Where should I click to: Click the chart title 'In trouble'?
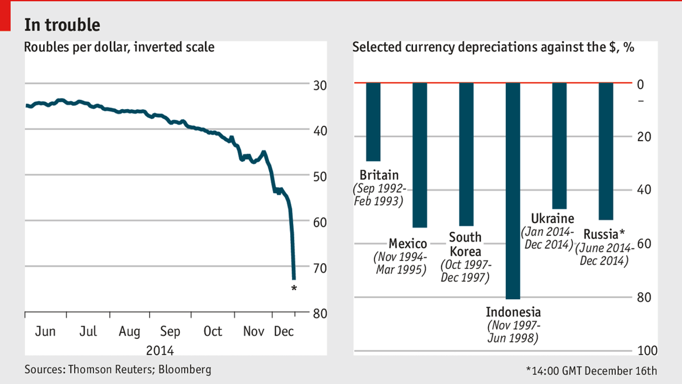(62, 24)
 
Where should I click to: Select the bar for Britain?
(374, 121)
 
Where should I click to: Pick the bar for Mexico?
(420, 154)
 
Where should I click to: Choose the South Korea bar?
(466, 154)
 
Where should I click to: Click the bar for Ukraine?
(559, 145)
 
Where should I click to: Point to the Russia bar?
(606, 151)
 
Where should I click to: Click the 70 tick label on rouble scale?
(320, 267)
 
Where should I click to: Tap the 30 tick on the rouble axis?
(320, 85)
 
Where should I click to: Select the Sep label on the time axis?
(170, 331)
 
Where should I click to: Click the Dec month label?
(283, 331)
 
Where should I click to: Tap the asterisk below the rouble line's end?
(294, 288)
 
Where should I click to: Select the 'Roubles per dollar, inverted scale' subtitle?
(119, 47)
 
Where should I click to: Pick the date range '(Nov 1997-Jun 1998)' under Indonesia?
(513, 332)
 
